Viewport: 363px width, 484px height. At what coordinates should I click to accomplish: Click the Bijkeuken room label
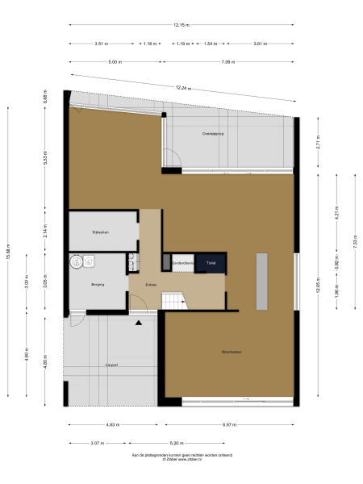pyautogui.click(x=101, y=232)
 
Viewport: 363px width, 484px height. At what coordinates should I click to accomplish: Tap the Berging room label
pyautogui.click(x=97, y=285)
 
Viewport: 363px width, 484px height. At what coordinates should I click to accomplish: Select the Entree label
pyautogui.click(x=150, y=285)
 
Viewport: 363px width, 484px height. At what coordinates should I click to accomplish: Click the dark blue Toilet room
pyautogui.click(x=211, y=263)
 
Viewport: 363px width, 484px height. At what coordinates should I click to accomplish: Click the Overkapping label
pyautogui.click(x=213, y=134)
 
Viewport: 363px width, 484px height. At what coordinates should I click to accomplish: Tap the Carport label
pyautogui.click(x=111, y=365)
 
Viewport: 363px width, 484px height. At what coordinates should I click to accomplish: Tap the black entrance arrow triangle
pyautogui.click(x=139, y=323)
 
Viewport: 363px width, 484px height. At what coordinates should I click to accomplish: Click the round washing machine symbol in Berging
pyautogui.click(x=77, y=261)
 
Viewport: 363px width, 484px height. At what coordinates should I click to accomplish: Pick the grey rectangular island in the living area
pyautogui.click(x=262, y=281)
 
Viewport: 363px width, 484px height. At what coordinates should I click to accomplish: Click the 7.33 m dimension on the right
pyautogui.click(x=356, y=245)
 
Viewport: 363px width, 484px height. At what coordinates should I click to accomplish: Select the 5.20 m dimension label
pyautogui.click(x=176, y=442)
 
